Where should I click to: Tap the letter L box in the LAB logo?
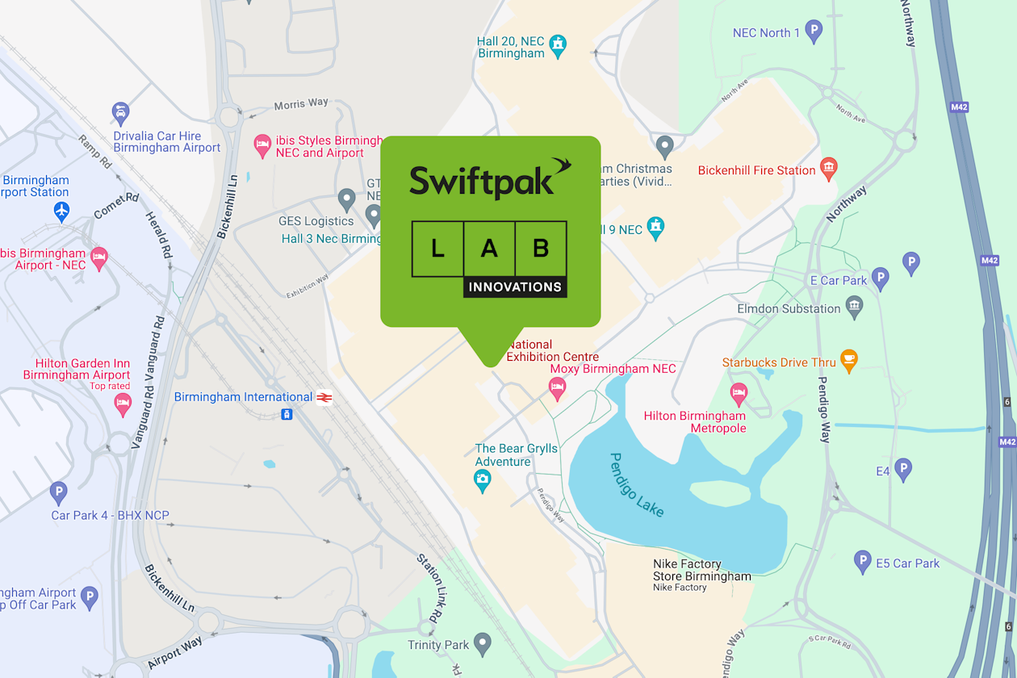(437, 249)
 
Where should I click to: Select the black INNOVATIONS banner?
(515, 287)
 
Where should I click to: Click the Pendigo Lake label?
(637, 484)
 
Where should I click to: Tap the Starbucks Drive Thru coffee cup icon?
(848, 360)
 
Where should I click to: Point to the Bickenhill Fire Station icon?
(828, 169)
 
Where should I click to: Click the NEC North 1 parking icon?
(814, 32)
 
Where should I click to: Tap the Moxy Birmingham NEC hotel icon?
(557, 388)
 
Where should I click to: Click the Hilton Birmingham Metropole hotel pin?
(739, 395)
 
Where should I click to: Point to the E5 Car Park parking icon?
(863, 562)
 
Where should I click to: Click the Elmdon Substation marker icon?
(854, 307)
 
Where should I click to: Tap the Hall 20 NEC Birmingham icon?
(558, 46)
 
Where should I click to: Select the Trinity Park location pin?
(483, 643)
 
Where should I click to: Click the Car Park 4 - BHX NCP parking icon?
(58, 492)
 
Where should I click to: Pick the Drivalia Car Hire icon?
(120, 113)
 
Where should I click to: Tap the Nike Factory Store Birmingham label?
(701, 571)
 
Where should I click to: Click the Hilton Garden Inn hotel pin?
(123, 404)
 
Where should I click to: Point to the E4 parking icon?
(903, 469)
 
